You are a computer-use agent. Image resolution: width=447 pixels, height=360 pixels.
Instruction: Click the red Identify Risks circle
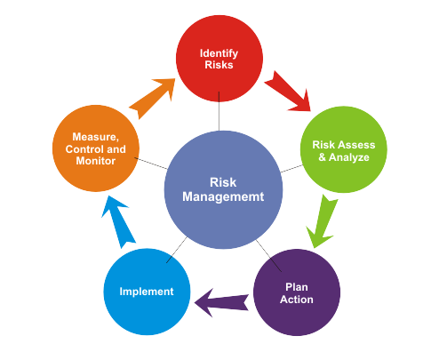[220, 59]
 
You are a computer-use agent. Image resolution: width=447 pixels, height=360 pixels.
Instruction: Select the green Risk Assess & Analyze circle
[344, 149]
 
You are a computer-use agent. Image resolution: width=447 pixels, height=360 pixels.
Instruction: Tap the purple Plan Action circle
[297, 292]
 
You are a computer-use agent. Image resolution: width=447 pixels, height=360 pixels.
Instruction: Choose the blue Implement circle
[147, 292]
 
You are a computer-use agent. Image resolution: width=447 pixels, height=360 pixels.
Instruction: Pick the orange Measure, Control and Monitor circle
[96, 148]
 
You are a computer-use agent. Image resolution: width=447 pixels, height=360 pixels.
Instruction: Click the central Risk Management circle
[223, 189]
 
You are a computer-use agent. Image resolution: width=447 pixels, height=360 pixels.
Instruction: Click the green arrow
[322, 221]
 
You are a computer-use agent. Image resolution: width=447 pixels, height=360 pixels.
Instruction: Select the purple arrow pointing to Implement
[221, 302]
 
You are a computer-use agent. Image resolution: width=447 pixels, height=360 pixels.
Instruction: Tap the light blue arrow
[117, 221]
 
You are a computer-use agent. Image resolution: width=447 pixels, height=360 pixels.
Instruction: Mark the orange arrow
[153, 98]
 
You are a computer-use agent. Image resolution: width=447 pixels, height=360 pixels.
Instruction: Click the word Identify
[219, 53]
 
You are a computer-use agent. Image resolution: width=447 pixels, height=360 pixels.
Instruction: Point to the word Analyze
[349, 157]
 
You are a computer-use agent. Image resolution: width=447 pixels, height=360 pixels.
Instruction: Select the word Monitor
[96, 161]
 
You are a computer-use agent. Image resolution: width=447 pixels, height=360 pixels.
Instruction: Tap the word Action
[297, 300]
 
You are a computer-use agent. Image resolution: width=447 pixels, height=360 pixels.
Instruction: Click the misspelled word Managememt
[223, 196]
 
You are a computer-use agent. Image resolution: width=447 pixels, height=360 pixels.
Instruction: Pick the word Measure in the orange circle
[95, 137]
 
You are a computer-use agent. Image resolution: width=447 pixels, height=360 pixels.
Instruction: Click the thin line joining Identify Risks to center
[219, 111]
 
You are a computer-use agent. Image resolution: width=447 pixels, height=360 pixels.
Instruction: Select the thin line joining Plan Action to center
[268, 256]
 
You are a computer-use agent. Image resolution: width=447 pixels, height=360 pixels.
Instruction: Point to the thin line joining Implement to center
[177, 250]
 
